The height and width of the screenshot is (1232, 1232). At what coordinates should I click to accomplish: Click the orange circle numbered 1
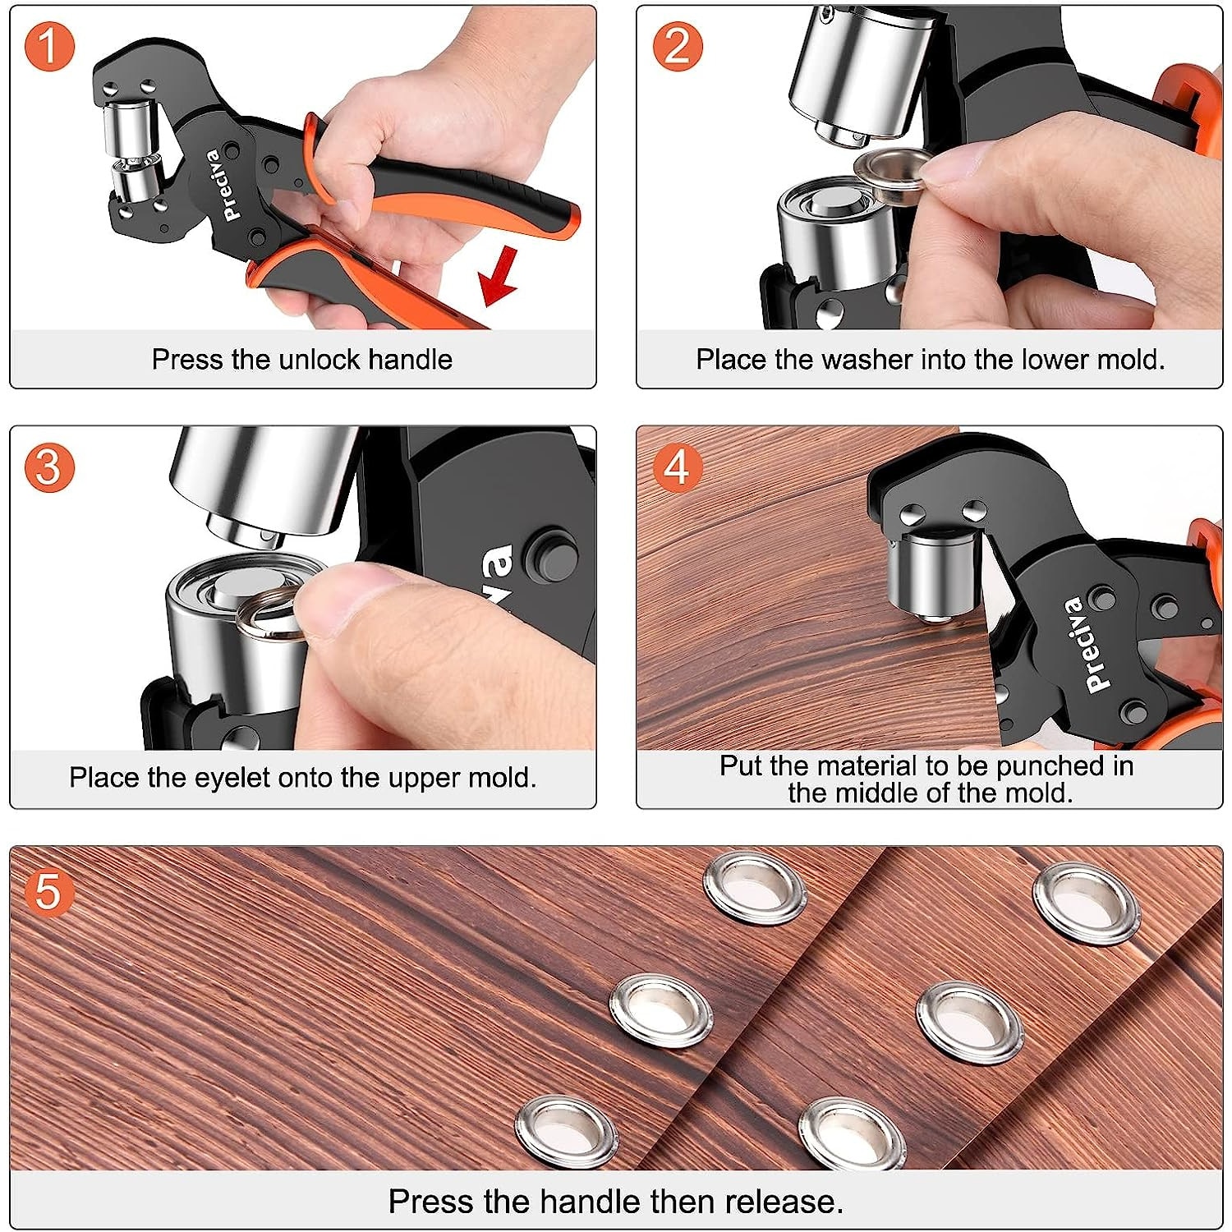point(48,46)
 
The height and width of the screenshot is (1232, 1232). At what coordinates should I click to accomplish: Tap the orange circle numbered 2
point(677,46)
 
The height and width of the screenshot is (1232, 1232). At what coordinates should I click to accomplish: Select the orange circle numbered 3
point(48,467)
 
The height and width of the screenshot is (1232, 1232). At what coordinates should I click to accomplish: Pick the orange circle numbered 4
point(677,467)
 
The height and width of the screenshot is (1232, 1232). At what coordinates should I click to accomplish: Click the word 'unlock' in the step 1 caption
point(319,360)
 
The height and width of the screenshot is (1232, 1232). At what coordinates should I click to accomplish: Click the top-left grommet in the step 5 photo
point(754,888)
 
